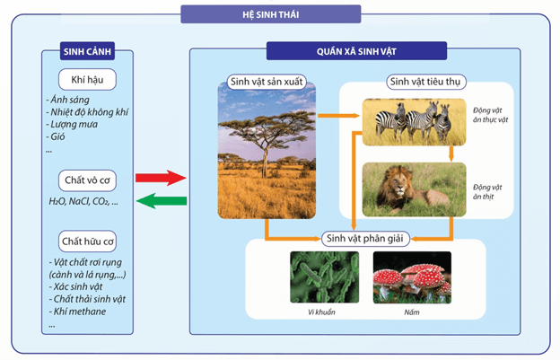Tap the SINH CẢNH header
pyautogui.click(x=87, y=51)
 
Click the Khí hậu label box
pyautogui.click(x=88, y=79)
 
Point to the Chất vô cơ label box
pyautogui.click(x=88, y=179)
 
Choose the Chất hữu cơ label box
pyautogui.click(x=88, y=241)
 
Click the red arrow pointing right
pyautogui.click(x=161, y=178)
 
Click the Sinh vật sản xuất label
pyautogui.click(x=267, y=82)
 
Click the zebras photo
pyautogui.click(x=413, y=120)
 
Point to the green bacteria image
pyautogui.click(x=324, y=277)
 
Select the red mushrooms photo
pyautogui.click(x=411, y=277)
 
